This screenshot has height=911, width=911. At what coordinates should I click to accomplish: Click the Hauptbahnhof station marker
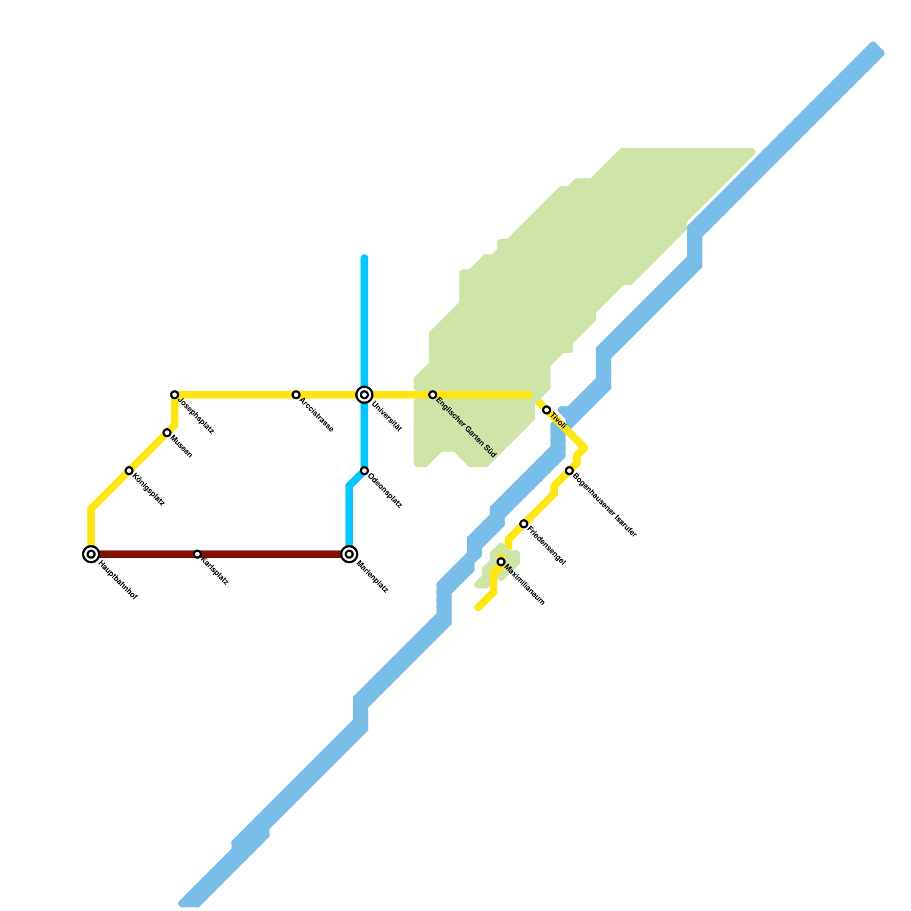point(91,554)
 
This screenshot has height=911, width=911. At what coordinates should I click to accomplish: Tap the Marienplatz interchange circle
point(350,554)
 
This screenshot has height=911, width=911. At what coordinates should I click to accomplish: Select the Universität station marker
point(364,395)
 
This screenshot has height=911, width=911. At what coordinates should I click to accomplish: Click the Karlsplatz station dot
point(197,554)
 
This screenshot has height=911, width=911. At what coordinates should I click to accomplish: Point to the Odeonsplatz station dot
point(364,471)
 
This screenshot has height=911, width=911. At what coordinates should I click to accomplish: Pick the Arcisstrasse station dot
point(296,395)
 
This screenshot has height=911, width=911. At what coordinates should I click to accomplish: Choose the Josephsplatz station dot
point(175,395)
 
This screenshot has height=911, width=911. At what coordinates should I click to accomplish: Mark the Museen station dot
point(167,433)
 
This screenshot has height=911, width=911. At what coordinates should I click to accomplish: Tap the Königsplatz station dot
point(129,471)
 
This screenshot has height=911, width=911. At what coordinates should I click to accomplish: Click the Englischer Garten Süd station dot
point(433,395)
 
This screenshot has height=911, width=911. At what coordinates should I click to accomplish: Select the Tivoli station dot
point(547,410)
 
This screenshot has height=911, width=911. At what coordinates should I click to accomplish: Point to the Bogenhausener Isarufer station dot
point(569,470)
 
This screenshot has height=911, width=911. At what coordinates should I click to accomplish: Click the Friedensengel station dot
point(524,524)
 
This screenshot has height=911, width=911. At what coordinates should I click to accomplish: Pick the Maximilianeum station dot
point(501,562)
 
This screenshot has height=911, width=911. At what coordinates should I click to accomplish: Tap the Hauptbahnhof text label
point(118,581)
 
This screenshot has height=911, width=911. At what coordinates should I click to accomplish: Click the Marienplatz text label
point(372,577)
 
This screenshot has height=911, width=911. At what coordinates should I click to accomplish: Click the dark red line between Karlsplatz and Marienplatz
point(273,554)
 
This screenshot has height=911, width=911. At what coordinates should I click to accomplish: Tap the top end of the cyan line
point(364,258)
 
